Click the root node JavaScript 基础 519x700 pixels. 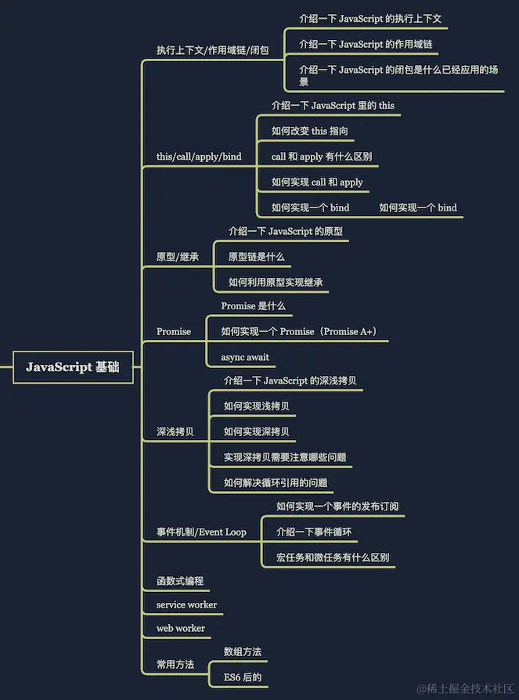pos(73,367)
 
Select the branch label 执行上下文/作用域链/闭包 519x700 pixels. pos(212,50)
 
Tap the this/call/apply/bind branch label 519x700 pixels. pos(199,157)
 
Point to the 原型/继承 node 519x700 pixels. pos(178,257)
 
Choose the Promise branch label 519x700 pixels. pos(174,331)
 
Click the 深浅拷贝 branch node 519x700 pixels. pos(175,431)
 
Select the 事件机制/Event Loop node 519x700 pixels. pos(201,532)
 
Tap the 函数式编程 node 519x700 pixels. pos(180,581)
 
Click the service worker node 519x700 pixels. pos(186,604)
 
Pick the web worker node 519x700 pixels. pos(181,628)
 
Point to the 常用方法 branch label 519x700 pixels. pos(175,664)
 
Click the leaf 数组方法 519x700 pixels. pos(243,651)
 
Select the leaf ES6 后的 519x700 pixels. pos(243,677)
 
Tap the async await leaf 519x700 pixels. pos(245,357)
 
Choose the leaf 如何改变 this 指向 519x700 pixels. pos(310,131)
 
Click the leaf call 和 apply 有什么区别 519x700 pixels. pos(322,157)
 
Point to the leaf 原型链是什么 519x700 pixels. pos(257,257)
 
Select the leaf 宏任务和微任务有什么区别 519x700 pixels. pos(333,558)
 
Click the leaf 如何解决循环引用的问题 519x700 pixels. pos(276,482)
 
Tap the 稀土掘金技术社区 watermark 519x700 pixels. pos(465,688)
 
